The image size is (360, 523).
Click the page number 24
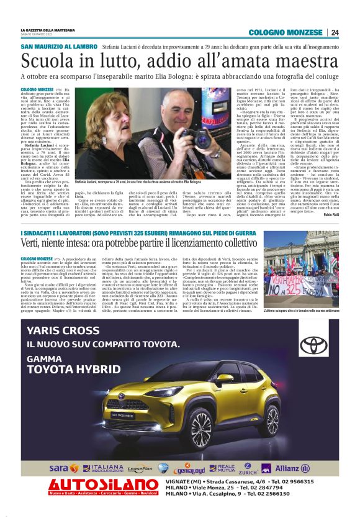pos(335,32)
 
